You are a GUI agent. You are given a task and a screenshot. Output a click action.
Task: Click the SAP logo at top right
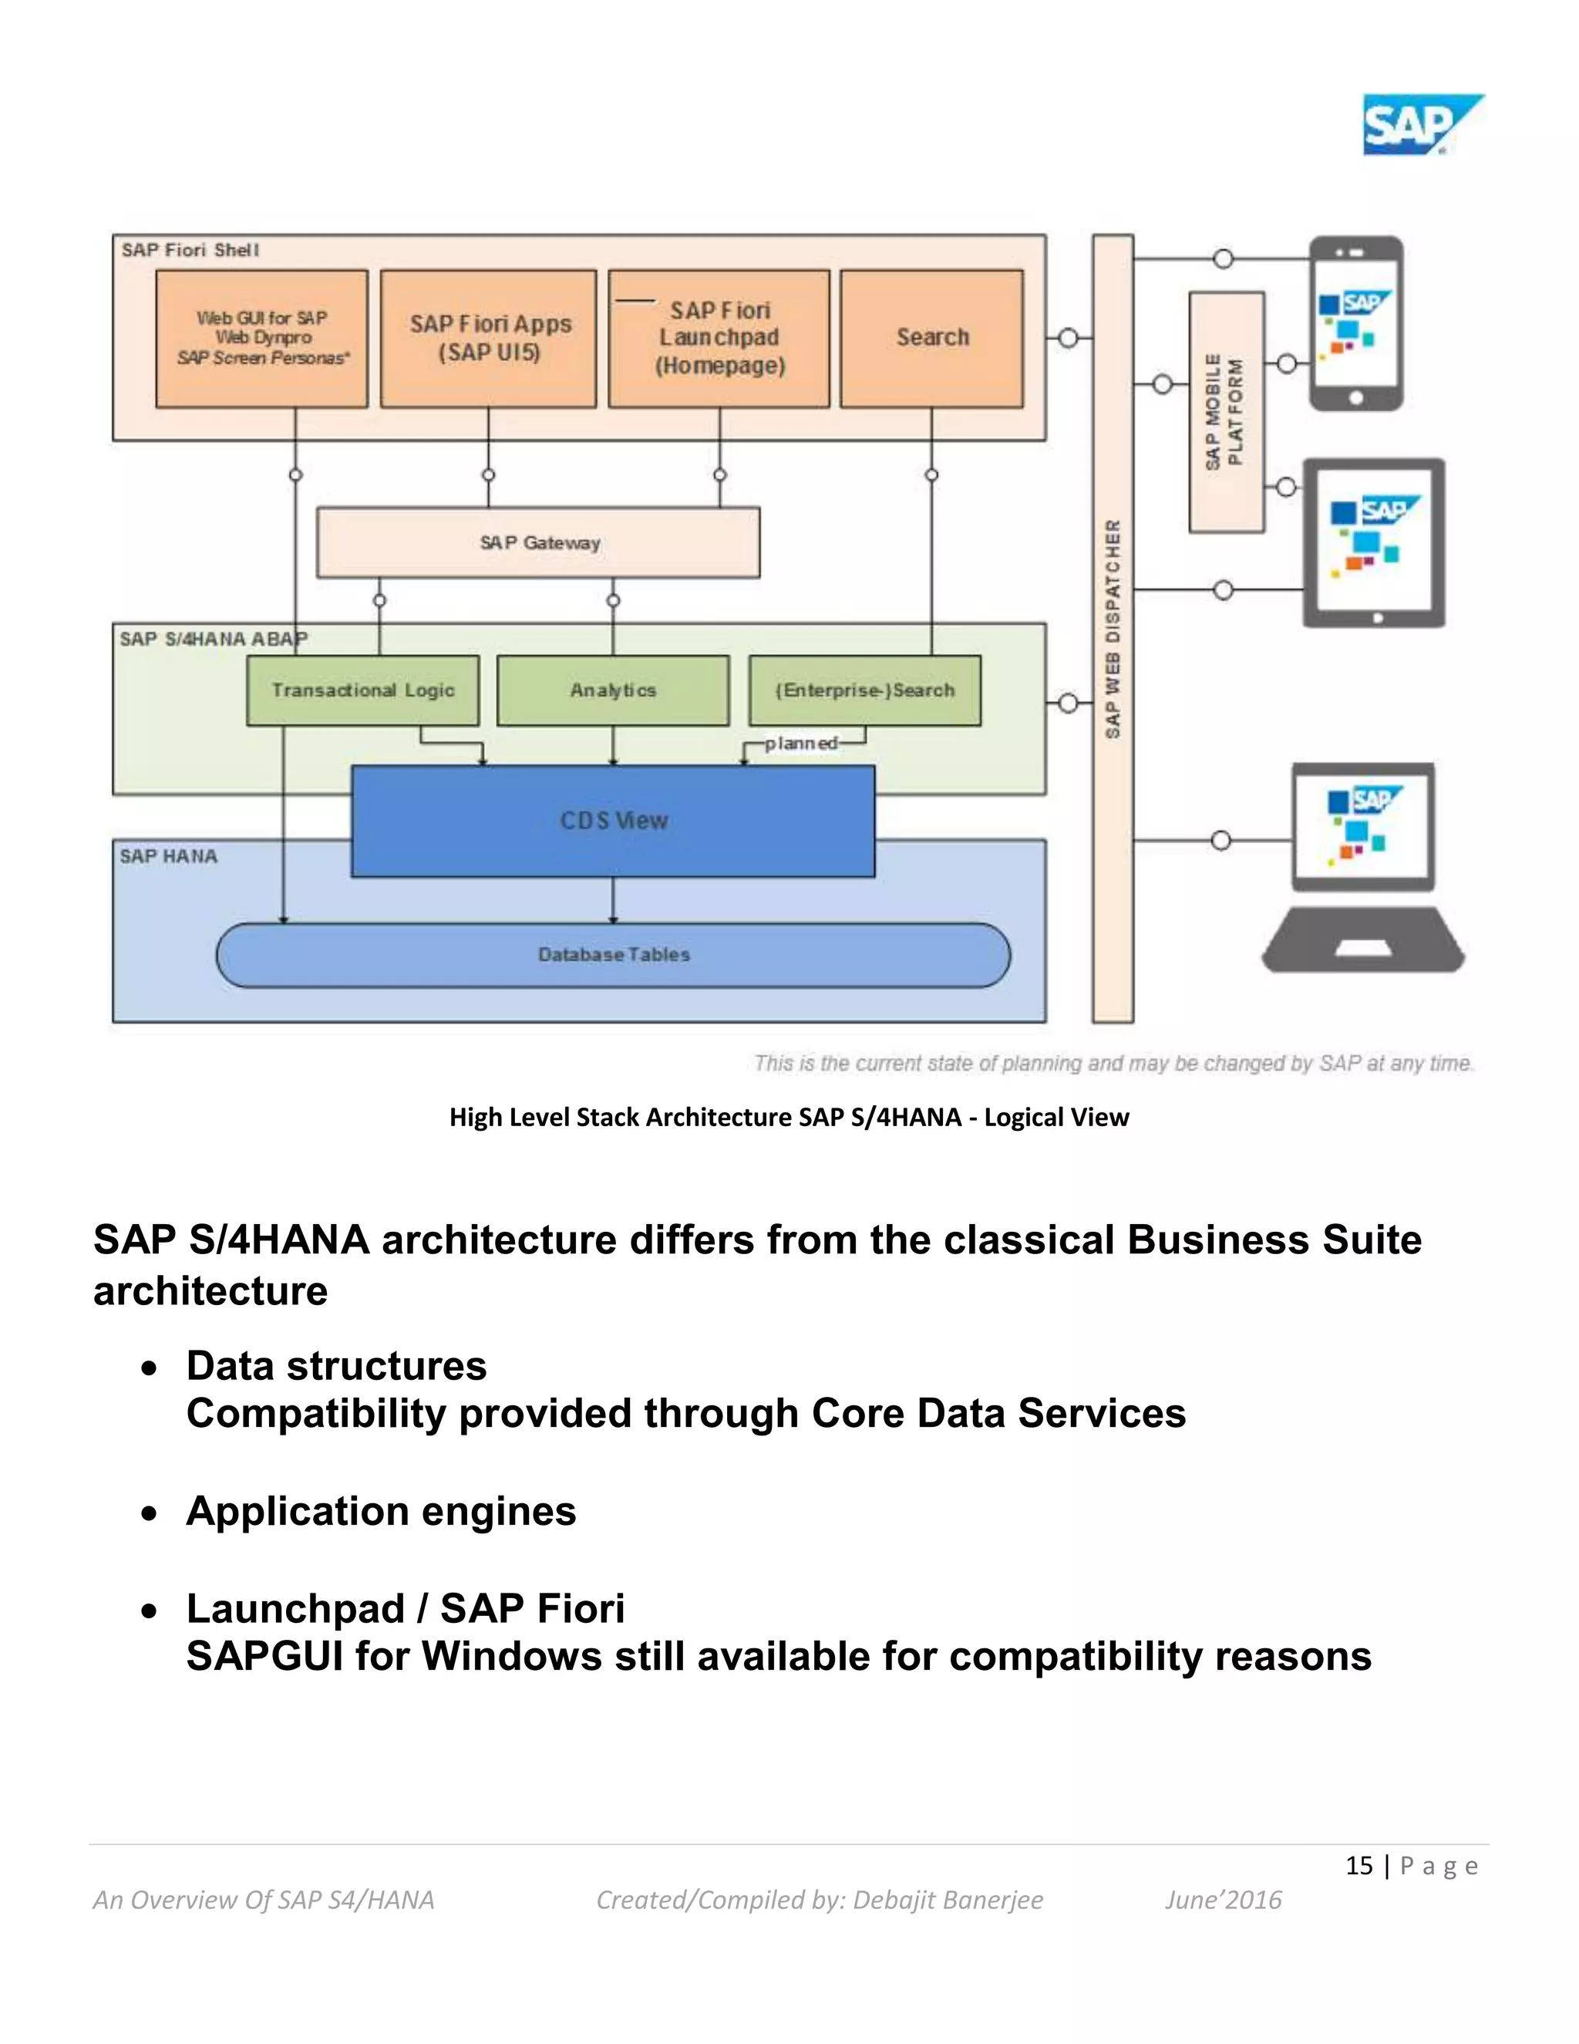pos(1420,124)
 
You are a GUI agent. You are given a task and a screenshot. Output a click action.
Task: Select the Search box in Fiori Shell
pos(931,338)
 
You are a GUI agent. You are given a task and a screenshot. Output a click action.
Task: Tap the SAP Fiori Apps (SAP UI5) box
pos(488,338)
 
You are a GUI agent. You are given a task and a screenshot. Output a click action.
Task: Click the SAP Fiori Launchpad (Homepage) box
pos(719,338)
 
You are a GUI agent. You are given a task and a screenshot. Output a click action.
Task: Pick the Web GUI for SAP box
pos(262,338)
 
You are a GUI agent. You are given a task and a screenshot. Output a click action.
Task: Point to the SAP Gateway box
pos(539,543)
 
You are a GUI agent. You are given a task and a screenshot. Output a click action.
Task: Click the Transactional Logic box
pos(363,690)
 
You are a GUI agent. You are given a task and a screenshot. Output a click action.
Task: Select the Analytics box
pos(613,690)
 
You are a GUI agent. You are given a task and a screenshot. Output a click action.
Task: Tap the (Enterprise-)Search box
pos(864,690)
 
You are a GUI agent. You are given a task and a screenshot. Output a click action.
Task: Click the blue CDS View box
pos(613,821)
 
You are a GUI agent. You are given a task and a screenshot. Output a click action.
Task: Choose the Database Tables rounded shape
pos(613,955)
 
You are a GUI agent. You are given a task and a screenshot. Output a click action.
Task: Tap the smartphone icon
pos(1355,324)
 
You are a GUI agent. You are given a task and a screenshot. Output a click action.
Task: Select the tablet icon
pos(1373,543)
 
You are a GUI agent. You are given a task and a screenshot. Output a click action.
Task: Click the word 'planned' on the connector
pos(801,743)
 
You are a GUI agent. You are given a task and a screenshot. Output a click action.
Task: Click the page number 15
pos(1358,1865)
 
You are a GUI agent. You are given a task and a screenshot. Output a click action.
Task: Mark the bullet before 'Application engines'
pos(150,1513)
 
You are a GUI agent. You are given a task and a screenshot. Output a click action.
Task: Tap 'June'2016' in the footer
pos(1223,1900)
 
